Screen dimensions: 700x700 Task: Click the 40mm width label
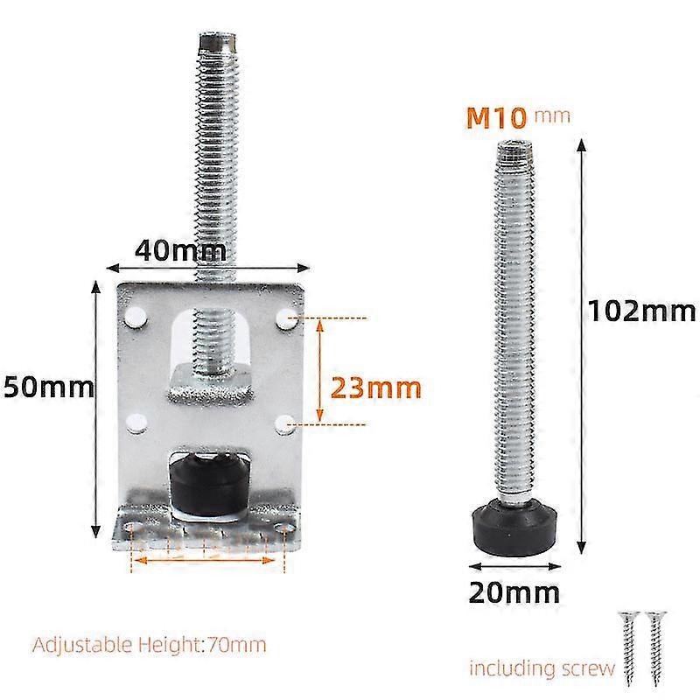180,250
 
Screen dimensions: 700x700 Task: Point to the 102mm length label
641,310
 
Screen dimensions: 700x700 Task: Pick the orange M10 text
500,117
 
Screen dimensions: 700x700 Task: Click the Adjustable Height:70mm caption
150,646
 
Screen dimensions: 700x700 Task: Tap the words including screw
542,668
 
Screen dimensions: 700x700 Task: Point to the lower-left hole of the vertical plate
136,423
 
